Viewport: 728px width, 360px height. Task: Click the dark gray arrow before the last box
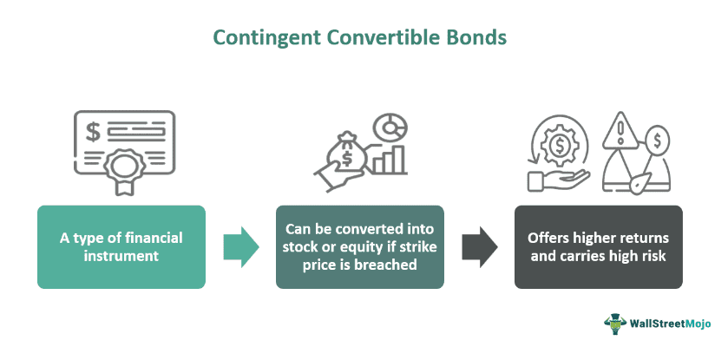479,246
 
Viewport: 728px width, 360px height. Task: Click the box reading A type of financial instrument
121,246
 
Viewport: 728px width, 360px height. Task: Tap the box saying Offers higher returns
598,246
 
